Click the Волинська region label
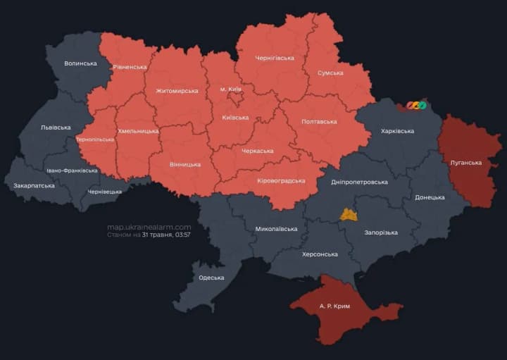point(80,63)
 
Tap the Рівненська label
point(130,67)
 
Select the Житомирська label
point(177,91)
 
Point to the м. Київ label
point(230,89)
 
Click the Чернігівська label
point(275,58)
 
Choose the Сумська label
point(330,73)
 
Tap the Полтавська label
point(318,122)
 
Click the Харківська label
point(397,131)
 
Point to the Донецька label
point(430,197)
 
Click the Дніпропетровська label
point(359,182)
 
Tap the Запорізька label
point(381,232)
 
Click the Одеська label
point(211,278)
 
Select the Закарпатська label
point(34,186)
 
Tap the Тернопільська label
point(94,139)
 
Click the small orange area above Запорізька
point(349,215)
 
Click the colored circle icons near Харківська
point(416,106)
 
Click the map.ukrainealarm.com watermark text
point(149,227)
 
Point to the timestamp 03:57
point(182,235)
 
